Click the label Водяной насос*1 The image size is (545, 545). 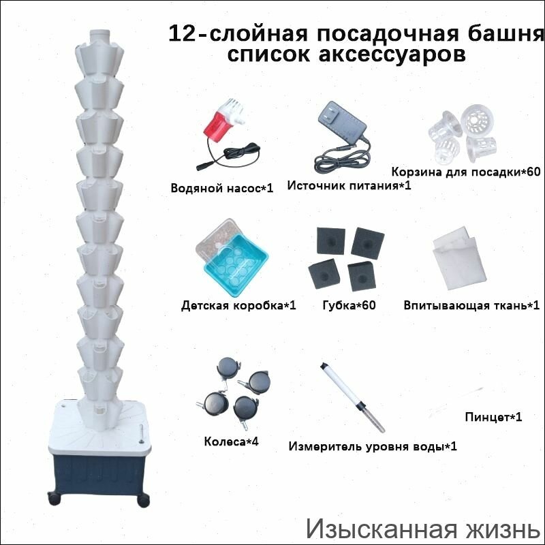coord(222,187)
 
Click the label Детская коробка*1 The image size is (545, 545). coord(238,305)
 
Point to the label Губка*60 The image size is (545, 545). coord(349,305)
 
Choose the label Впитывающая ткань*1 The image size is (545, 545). coord(471,305)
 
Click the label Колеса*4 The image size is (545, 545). coord(232,441)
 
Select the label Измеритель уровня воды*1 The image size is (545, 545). coord(372,447)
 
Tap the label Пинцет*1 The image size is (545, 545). coord(493,416)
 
